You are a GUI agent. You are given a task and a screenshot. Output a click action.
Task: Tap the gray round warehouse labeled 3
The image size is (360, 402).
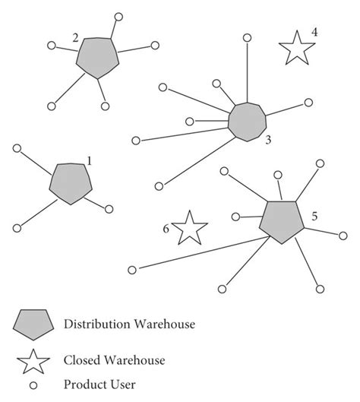[247, 121]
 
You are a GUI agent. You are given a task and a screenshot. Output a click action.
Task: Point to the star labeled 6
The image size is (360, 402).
[189, 228]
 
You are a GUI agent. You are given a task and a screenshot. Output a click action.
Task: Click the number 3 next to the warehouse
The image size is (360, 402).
[268, 140]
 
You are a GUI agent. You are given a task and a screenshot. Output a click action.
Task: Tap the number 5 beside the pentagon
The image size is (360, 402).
[314, 217]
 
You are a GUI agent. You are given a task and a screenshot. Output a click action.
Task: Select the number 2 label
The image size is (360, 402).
[75, 37]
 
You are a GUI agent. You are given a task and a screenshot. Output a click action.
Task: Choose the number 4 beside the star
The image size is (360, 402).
[314, 33]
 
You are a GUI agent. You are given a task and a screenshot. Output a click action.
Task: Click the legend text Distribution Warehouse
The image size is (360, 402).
[131, 324]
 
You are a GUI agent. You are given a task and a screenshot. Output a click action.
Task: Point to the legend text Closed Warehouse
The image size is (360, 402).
[114, 360]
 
